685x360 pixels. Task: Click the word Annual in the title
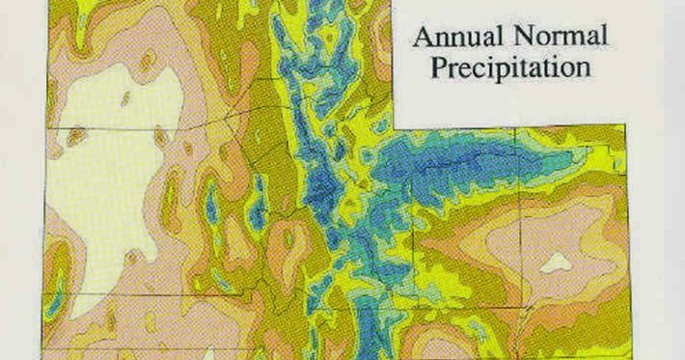pos(455,39)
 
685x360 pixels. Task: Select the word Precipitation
pos(510,69)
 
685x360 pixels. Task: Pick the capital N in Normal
pos(518,39)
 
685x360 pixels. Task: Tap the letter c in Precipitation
pos(478,69)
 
